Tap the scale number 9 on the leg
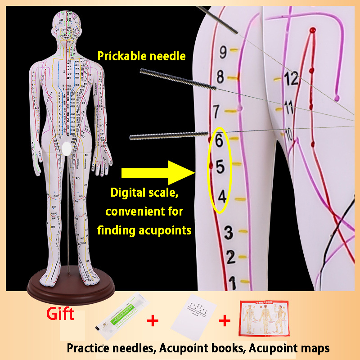point(222,52)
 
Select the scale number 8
point(220,78)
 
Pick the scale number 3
point(228,233)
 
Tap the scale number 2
point(231,258)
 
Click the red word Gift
point(60,313)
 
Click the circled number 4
point(222,196)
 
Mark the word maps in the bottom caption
point(314,348)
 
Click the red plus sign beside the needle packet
point(153,321)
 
